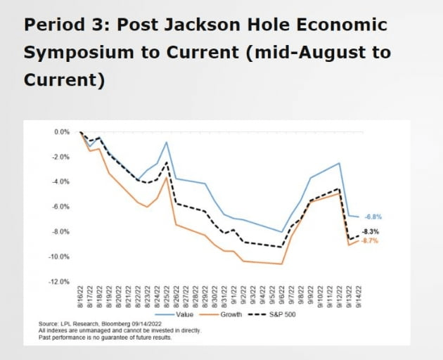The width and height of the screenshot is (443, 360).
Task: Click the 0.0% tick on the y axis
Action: (x=61, y=131)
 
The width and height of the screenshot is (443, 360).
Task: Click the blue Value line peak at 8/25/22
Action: (x=167, y=142)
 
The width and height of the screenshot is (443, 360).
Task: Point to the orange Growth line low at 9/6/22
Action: (x=281, y=264)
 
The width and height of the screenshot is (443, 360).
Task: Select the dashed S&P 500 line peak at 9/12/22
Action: (x=339, y=188)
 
